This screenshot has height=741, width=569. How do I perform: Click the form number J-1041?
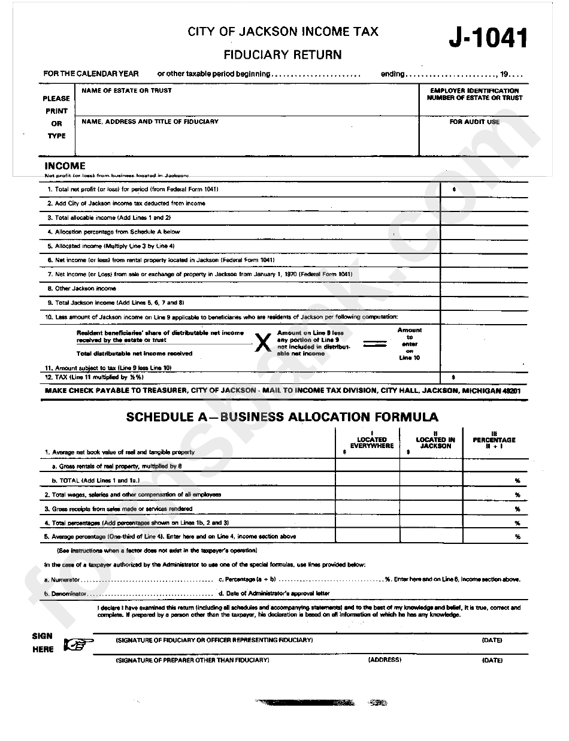pyautogui.click(x=489, y=39)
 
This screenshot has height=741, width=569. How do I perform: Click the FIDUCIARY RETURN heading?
pyautogui.click(x=283, y=55)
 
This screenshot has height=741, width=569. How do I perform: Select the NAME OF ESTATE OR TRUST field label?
pyautogui.click(x=126, y=90)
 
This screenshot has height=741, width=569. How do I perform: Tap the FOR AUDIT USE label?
pyautogui.click(x=474, y=122)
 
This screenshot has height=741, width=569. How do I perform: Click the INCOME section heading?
pyautogui.click(x=65, y=166)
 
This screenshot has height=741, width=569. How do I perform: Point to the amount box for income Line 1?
pyautogui.click(x=484, y=189)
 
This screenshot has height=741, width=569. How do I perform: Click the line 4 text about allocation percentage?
pyautogui.click(x=117, y=232)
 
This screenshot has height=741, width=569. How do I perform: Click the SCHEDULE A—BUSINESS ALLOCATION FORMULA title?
pyautogui.click(x=282, y=417)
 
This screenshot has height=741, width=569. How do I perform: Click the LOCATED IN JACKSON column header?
pyautogui.click(x=435, y=442)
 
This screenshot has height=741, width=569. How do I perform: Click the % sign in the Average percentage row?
pyautogui.click(x=517, y=537)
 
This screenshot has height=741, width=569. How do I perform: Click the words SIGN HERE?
pyautogui.click(x=43, y=643)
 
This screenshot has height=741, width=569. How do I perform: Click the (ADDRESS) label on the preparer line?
pyautogui.click(x=385, y=660)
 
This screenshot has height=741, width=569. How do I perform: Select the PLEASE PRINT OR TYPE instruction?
pyautogui.click(x=56, y=117)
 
